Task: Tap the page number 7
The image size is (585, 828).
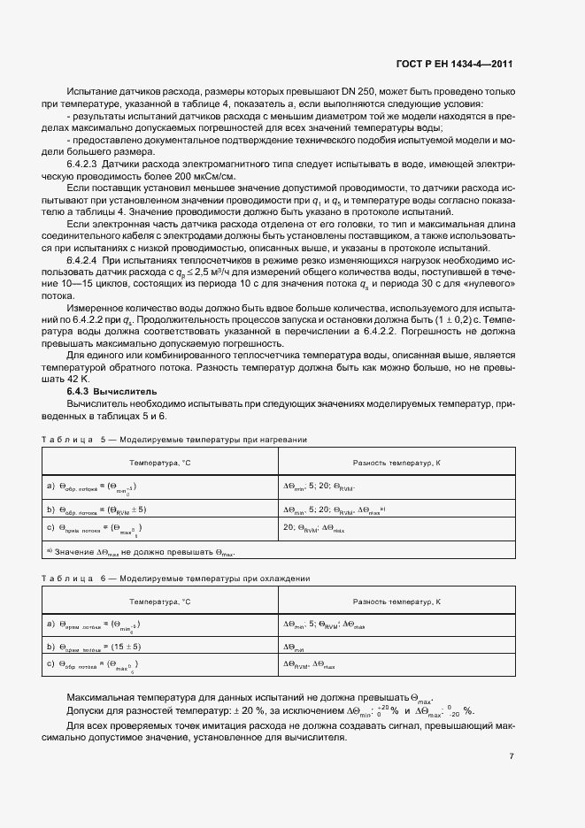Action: (512, 756)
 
